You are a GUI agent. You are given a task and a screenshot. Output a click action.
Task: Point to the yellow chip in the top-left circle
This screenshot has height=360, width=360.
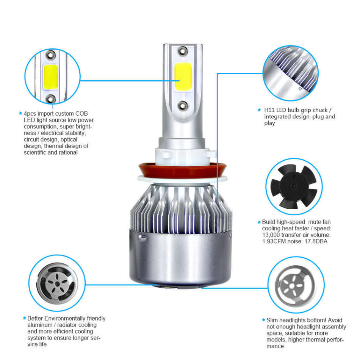(50, 77)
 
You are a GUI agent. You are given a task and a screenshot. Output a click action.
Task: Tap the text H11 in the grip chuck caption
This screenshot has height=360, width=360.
(270, 110)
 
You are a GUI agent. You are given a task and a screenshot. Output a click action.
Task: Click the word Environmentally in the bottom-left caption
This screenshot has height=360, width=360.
(65, 318)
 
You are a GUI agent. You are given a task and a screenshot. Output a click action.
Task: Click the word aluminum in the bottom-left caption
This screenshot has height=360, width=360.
(39, 325)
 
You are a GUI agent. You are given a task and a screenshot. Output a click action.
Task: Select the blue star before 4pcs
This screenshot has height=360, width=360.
(21, 113)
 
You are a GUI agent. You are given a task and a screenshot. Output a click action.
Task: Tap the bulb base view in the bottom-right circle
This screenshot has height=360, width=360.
(296, 284)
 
